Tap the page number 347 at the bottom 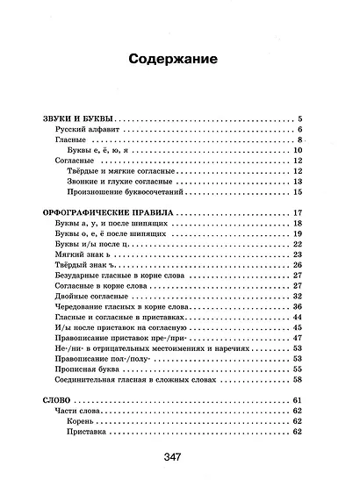pyautogui.click(x=180, y=455)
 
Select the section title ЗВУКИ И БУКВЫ pyautogui.click(x=78, y=118)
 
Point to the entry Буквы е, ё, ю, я pyautogui.click(x=103, y=151)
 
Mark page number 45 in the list pyautogui.click(x=298, y=327)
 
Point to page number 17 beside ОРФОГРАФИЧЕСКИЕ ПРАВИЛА pyautogui.click(x=298, y=213)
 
